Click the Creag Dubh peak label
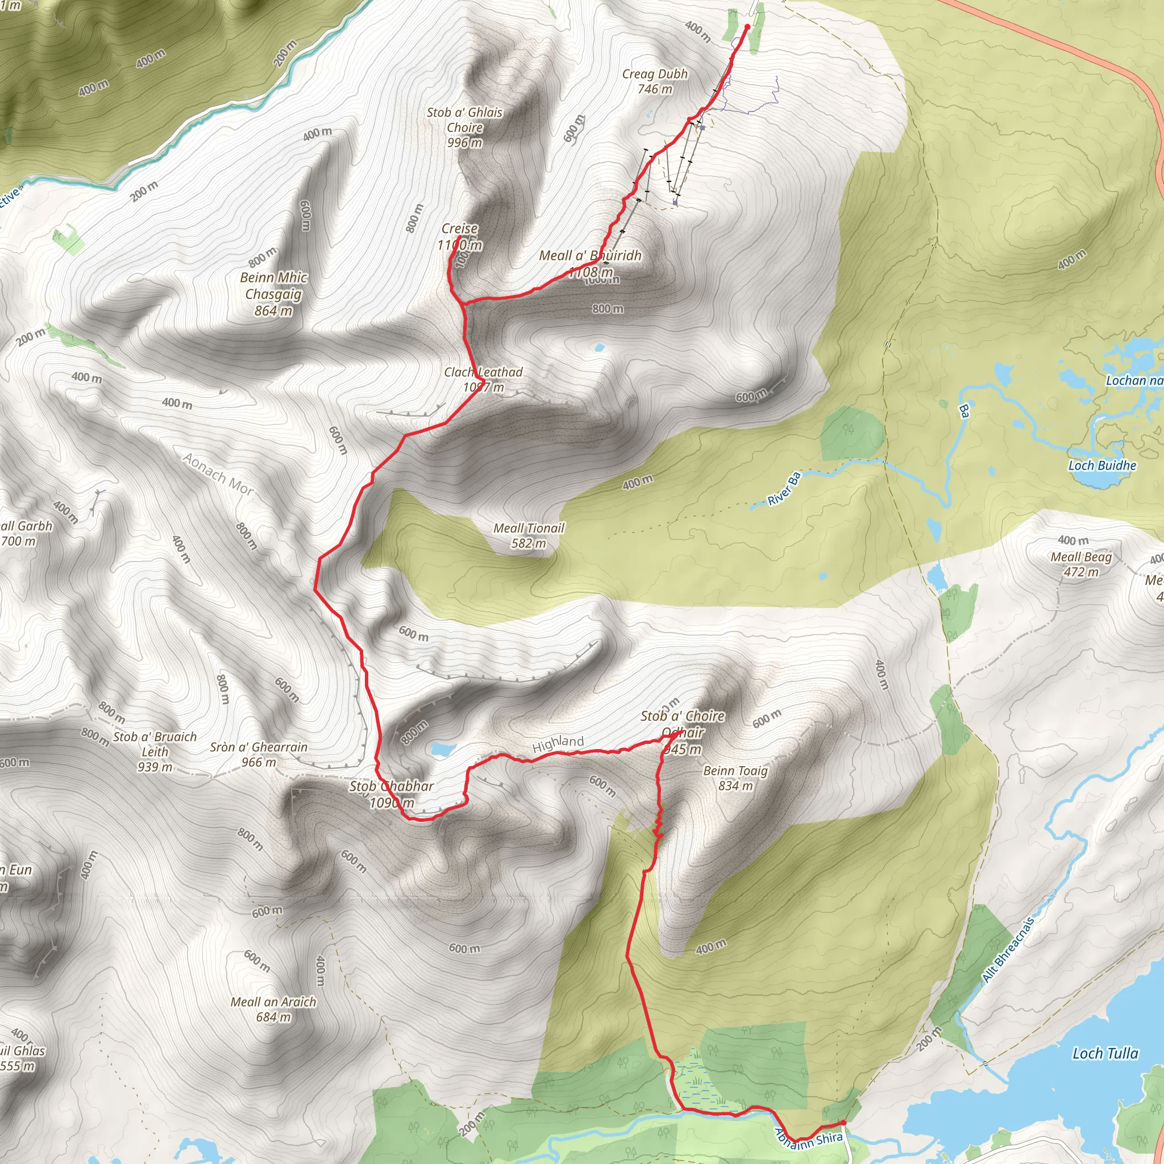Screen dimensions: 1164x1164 tap(655, 81)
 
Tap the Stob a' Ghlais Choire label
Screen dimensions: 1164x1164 tap(464, 127)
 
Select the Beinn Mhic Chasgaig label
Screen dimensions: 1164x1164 tap(273, 294)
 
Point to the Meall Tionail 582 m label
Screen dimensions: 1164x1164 tap(529, 535)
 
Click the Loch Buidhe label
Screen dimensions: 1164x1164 tap(1102, 465)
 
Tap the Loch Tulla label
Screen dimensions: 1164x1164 tap(1105, 1053)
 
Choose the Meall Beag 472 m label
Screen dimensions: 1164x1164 tap(1082, 564)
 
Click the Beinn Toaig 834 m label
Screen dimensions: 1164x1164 tap(735, 778)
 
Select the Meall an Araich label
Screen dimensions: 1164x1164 tap(273, 1009)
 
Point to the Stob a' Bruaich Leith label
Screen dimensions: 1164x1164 tap(155, 751)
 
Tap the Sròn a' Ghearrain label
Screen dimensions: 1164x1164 tap(259, 754)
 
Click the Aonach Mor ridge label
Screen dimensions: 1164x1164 tap(219, 474)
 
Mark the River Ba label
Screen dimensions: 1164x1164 tap(784, 489)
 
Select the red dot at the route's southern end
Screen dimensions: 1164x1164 tap(843, 1123)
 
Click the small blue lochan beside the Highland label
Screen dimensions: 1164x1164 tap(443, 749)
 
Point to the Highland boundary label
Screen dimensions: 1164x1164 tap(558, 743)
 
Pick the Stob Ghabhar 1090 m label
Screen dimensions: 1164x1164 tap(392, 794)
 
